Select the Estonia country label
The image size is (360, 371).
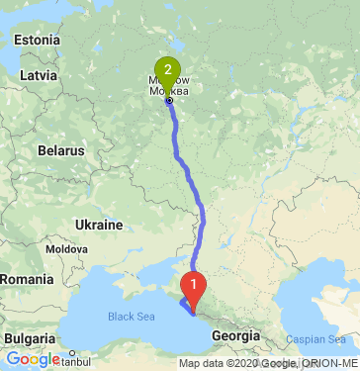coord(39,41)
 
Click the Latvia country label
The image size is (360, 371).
coord(39,74)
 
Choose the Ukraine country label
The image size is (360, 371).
coord(98,225)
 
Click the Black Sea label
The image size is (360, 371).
coord(132,318)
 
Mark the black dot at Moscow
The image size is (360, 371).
coord(169,100)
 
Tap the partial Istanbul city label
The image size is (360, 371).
coord(75,359)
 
